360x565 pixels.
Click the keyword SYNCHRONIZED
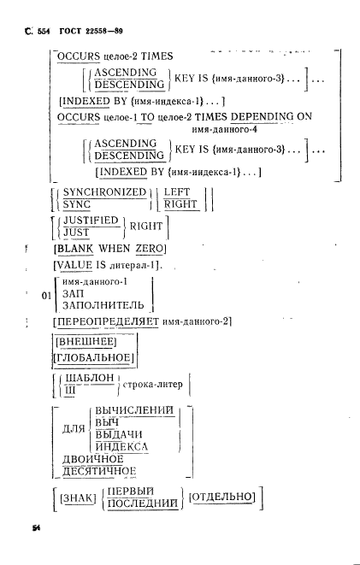coord(104,192)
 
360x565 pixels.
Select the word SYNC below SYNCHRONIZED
coord(77,204)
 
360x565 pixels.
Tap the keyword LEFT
coord(176,192)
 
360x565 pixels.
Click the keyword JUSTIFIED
coord(91,221)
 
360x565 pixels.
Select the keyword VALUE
coord(74,266)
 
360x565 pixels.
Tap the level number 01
coord(46,297)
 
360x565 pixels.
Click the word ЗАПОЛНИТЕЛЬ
coord(103,305)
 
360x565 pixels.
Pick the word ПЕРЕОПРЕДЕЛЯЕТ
coord(108,321)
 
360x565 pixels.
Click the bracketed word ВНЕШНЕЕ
coord(86,342)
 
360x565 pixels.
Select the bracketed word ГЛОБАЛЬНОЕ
coord(94,358)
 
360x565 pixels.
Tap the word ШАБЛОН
coord(90,378)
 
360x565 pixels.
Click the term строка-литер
coord(153,385)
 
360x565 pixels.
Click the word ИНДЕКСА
coord(121,447)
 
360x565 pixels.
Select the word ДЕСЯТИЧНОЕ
coord(99,471)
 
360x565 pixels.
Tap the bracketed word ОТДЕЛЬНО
coord(222,497)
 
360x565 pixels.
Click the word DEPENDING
coord(262,117)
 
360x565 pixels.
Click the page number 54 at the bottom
coord(37,528)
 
